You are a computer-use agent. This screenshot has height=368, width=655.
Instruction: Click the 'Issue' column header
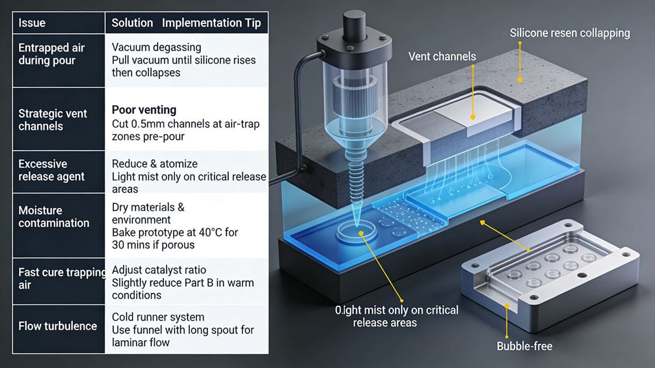click(32, 23)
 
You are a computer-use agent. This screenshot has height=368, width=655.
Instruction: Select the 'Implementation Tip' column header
click(211, 23)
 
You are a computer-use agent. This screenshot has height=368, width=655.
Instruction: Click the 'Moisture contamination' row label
click(53, 216)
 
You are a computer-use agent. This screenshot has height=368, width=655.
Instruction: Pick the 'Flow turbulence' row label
click(57, 326)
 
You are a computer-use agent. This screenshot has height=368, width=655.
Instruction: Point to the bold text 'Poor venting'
click(144, 110)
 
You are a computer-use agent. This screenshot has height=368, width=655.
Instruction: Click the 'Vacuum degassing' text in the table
click(156, 47)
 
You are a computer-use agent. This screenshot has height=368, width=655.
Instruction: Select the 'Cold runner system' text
click(158, 317)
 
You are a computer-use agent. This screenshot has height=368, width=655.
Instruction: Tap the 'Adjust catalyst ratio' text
click(159, 270)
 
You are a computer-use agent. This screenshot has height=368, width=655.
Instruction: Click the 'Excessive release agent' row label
click(51, 170)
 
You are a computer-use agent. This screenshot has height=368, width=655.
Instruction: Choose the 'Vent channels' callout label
click(442, 56)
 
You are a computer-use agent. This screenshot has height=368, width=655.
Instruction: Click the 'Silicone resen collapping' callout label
click(569, 33)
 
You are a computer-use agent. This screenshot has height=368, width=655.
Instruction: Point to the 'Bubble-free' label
click(524, 346)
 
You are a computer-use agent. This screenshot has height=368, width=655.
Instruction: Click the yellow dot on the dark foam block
click(520, 80)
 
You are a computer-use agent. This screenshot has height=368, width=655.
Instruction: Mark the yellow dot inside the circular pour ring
click(361, 234)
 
